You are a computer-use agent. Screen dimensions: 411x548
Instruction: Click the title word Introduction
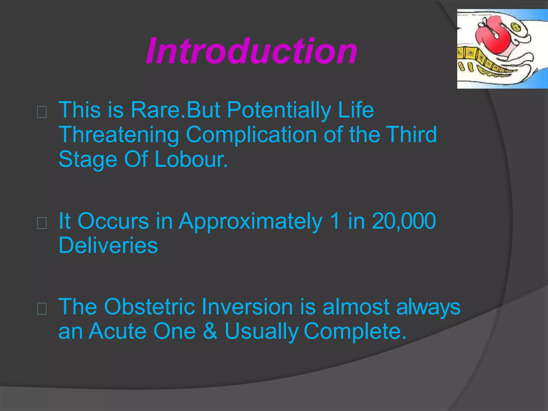pyautogui.click(x=252, y=51)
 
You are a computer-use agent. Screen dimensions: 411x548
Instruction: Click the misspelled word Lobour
pyautogui.click(x=191, y=159)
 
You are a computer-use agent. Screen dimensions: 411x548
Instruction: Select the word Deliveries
pyautogui.click(x=108, y=245)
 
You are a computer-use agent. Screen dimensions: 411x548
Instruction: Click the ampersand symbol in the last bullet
pyautogui.click(x=210, y=331)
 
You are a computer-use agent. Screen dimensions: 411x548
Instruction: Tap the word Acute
pyautogui.click(x=117, y=331)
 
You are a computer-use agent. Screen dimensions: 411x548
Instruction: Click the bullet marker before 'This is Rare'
pyautogui.click(x=42, y=112)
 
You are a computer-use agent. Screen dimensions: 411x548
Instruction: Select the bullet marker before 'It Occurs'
pyautogui.click(x=42, y=223)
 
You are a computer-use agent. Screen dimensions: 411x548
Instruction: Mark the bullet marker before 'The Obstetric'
pyautogui.click(x=42, y=309)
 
